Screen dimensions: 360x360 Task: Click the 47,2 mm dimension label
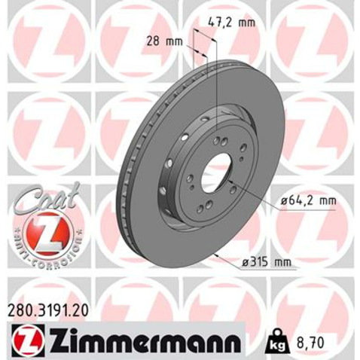pos(232,23)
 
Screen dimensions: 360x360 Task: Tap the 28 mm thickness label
pos(165,41)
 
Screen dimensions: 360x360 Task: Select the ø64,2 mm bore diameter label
pos(308,201)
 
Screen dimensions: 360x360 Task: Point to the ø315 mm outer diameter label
pos(267,262)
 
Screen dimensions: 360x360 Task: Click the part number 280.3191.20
pos(47,310)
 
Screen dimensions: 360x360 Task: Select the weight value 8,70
pos(310,342)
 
